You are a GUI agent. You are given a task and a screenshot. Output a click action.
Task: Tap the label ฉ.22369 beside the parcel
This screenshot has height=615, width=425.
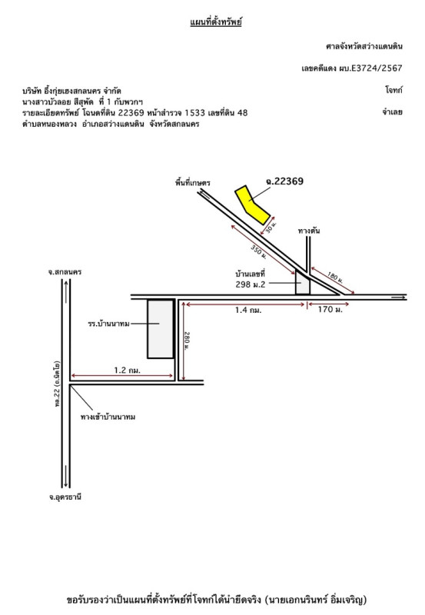(x=284, y=181)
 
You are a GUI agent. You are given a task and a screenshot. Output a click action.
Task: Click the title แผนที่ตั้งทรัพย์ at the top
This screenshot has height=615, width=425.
(x=216, y=22)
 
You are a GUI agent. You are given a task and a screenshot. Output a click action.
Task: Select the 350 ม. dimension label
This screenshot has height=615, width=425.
(x=259, y=251)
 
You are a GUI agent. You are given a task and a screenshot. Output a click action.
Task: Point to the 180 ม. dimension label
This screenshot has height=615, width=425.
(x=335, y=278)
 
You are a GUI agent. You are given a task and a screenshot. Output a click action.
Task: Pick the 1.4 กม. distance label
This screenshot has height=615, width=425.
(x=248, y=311)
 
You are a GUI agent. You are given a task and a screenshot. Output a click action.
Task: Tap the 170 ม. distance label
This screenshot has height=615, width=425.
(x=330, y=310)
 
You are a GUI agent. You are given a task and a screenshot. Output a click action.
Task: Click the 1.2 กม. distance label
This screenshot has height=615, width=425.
(x=127, y=370)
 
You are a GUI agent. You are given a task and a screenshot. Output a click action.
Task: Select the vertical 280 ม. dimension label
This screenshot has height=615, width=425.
(x=187, y=341)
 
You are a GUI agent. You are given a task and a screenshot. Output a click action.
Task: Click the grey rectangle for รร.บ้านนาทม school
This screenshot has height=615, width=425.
(x=161, y=329)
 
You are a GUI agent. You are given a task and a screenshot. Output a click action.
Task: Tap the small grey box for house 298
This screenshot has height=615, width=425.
(x=302, y=282)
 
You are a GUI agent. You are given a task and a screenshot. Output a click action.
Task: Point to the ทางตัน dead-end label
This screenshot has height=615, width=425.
(x=308, y=231)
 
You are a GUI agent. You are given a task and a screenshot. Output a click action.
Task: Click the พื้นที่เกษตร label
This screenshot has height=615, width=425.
(x=192, y=183)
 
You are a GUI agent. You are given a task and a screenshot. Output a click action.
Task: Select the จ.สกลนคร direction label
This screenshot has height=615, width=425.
(x=65, y=272)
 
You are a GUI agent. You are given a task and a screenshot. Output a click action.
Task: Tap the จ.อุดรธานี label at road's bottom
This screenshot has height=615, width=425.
(x=65, y=497)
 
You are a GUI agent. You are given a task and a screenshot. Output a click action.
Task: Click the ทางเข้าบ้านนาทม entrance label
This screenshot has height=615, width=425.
(x=108, y=417)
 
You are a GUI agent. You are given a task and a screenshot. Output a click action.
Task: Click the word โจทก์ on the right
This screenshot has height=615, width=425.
(x=393, y=90)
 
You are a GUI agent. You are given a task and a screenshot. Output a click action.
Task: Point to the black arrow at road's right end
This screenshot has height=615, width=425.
(x=398, y=298)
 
